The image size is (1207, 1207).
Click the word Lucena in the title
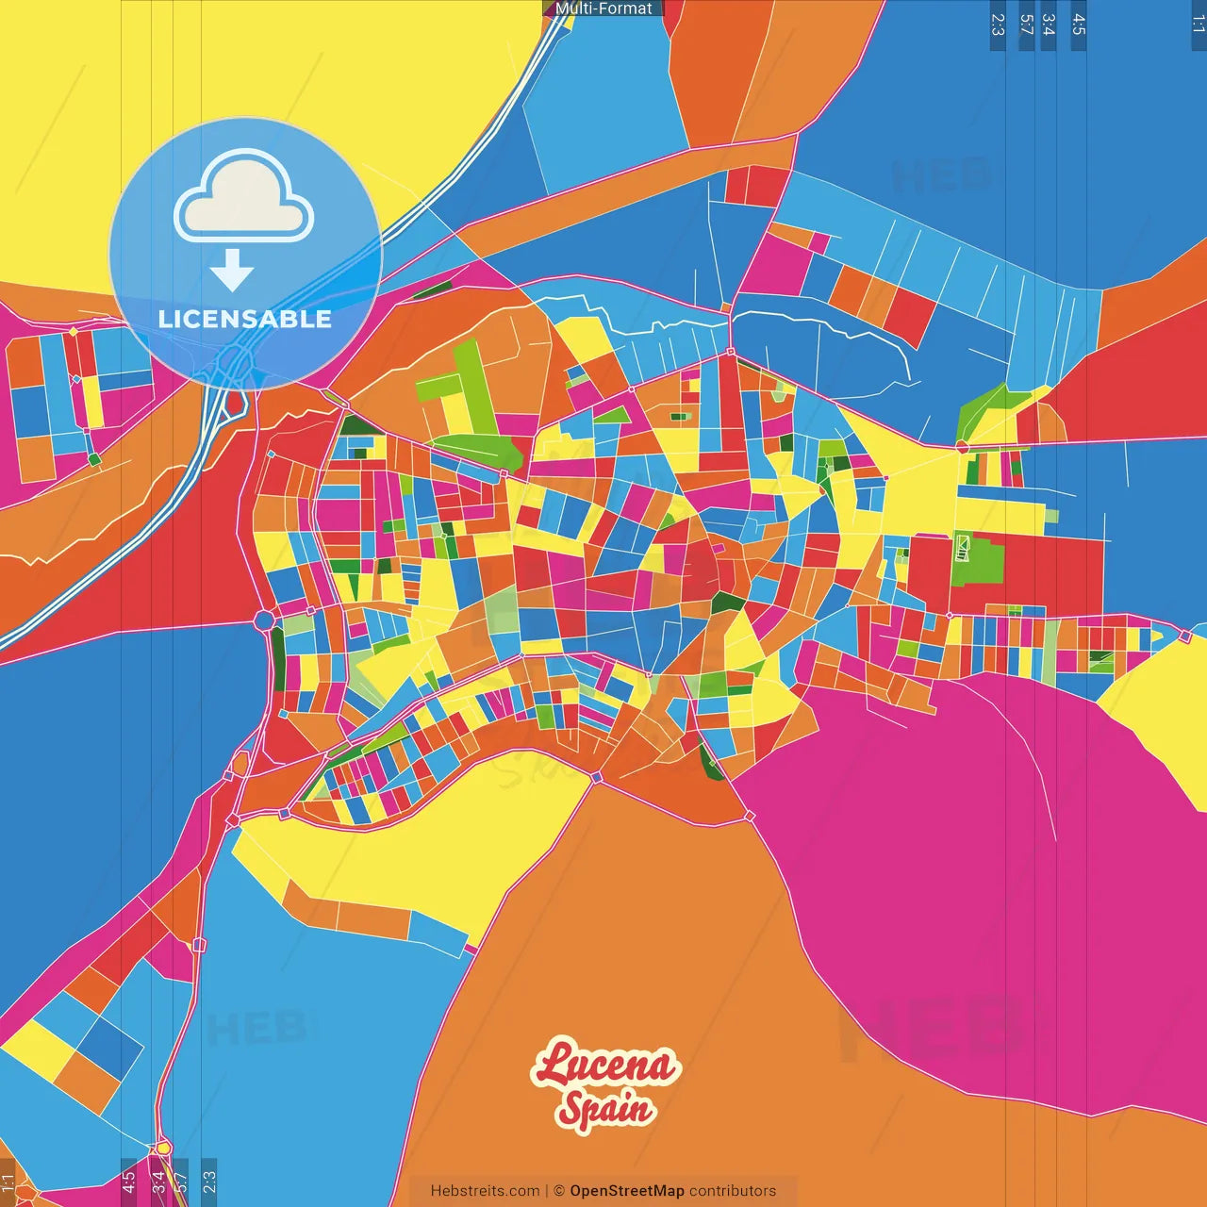[x=605, y=1066]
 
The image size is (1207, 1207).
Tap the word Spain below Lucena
[x=605, y=1109]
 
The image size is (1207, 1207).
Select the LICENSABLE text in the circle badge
[x=245, y=319]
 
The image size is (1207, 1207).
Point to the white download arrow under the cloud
[x=232, y=270]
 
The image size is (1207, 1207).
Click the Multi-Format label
[x=603, y=8]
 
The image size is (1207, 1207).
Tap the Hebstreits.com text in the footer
[x=485, y=1191]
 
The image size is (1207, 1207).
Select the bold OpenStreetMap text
[x=627, y=1191]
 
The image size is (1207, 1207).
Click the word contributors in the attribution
[x=733, y=1191]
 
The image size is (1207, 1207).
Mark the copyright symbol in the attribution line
[x=559, y=1191]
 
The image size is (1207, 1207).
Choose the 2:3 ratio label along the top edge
[x=998, y=25]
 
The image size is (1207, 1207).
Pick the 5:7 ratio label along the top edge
[x=1026, y=25]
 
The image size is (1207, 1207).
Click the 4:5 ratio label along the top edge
[x=1079, y=25]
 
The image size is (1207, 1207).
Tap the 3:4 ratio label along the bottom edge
[x=157, y=1181]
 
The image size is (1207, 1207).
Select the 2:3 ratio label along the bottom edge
[x=209, y=1181]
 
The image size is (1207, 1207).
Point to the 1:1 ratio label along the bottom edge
[x=8, y=1181]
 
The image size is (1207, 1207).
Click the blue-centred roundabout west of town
[x=264, y=620]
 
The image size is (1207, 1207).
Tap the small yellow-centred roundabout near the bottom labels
[x=163, y=1148]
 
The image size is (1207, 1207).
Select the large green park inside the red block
[x=978, y=560]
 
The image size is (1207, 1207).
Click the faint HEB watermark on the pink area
[x=929, y=1028]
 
